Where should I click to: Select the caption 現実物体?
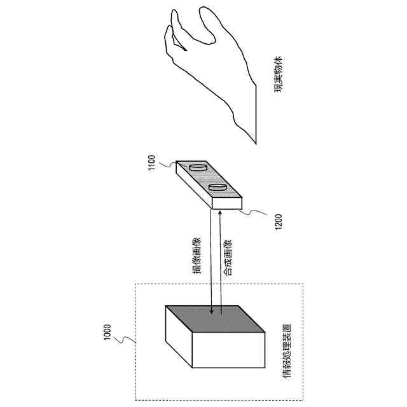click(x=278, y=75)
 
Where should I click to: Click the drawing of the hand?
click(x=210, y=70)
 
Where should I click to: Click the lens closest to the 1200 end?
click(x=217, y=188)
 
